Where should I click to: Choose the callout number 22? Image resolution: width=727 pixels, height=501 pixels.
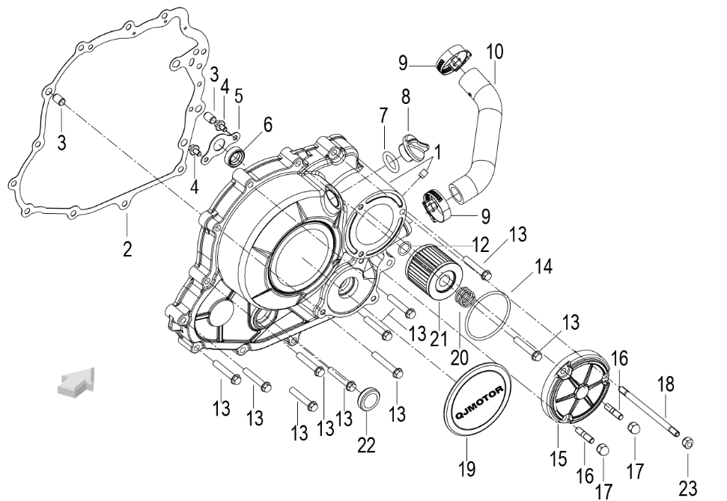click(366, 443)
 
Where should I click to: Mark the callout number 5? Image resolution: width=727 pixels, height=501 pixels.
click(239, 96)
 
